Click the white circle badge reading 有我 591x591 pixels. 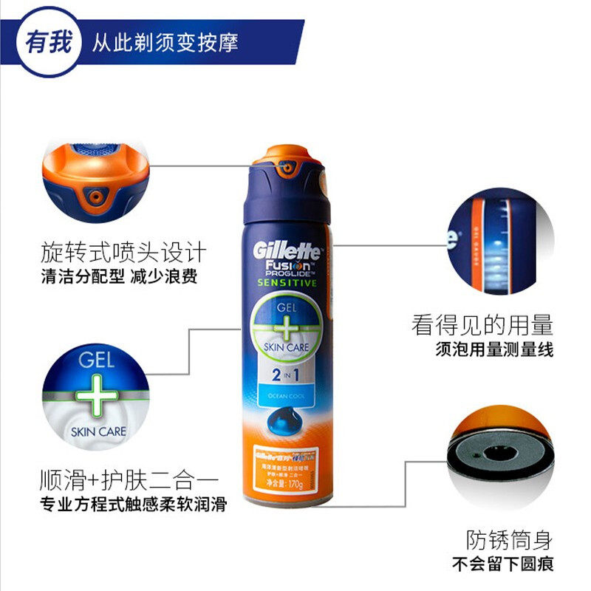(x=50, y=42)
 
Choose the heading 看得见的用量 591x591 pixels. (x=482, y=325)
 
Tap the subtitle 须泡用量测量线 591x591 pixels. (x=494, y=349)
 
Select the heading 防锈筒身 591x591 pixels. (x=509, y=540)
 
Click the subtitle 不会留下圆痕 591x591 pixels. (x=502, y=565)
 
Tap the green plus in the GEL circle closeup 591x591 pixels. (x=95, y=397)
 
